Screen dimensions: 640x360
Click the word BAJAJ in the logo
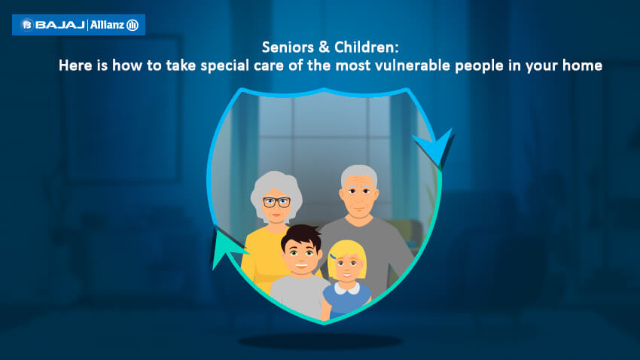(60, 25)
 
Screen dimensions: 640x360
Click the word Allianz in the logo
(107, 25)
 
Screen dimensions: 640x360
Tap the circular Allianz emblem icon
(133, 26)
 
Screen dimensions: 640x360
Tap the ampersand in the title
(324, 47)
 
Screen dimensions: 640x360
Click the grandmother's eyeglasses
(277, 202)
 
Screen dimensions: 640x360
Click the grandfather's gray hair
(359, 173)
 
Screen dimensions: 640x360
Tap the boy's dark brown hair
(301, 236)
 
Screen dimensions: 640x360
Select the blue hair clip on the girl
(333, 257)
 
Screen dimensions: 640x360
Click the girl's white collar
(346, 288)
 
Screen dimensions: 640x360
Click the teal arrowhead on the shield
(227, 247)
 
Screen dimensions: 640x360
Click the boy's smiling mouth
(301, 266)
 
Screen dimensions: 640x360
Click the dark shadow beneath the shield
(321, 341)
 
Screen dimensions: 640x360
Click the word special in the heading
(224, 66)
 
